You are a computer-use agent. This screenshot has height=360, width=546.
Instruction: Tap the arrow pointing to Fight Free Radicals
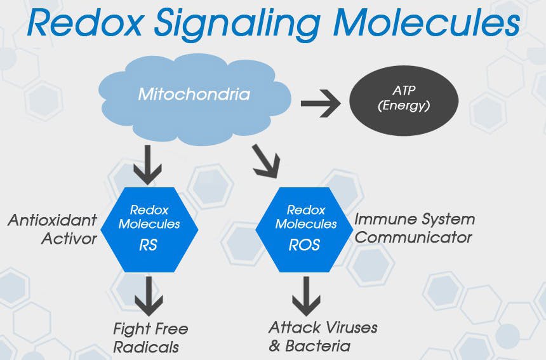(149, 296)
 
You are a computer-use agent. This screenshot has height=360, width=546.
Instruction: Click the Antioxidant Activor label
(53, 229)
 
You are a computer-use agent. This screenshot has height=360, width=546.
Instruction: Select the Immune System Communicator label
(414, 229)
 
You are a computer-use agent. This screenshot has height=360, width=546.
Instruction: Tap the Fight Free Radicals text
(150, 338)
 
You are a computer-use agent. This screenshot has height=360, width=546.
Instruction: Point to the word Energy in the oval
(404, 106)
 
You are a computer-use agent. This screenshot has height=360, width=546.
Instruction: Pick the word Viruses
(347, 328)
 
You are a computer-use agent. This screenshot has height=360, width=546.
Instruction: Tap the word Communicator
(413, 237)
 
